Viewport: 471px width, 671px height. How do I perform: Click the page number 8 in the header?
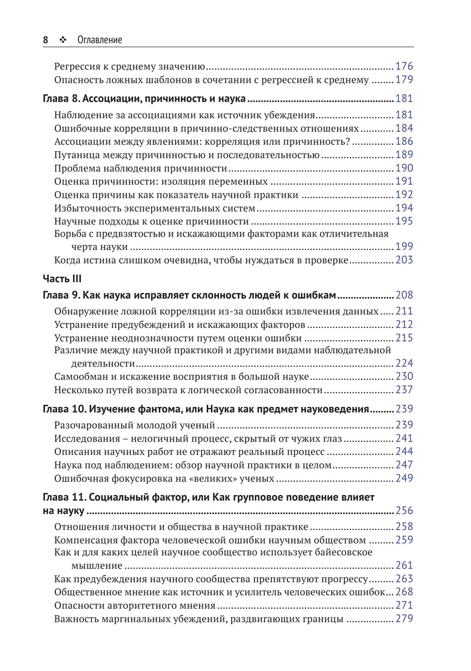45,40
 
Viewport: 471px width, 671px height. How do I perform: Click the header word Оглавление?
99,40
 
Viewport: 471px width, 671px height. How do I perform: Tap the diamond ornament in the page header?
63,40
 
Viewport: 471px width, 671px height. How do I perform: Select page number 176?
404,66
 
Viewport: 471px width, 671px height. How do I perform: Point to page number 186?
404,141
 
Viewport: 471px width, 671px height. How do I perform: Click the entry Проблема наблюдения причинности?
140,168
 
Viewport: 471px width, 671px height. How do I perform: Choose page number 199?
404,246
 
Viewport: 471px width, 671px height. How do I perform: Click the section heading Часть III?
62,279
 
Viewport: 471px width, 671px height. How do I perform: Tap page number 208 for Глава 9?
404,295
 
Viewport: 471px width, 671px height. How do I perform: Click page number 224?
404,363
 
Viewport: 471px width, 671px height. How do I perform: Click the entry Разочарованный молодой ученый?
135,426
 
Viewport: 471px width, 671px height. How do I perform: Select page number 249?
404,478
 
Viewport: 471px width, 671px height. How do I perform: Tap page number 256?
404,511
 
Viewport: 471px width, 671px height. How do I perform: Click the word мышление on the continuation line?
97,565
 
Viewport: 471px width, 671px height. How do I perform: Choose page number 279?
404,619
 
